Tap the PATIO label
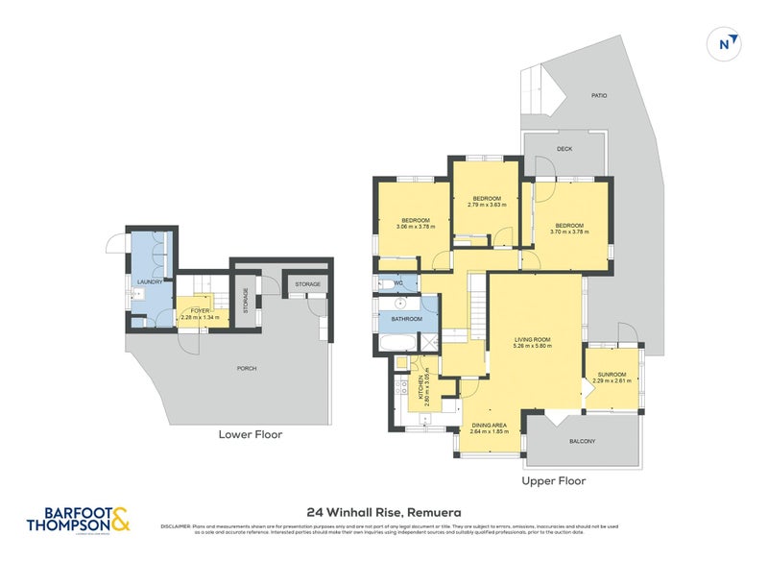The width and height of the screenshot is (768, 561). [x=598, y=96]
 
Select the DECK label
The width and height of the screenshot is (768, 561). [x=564, y=148]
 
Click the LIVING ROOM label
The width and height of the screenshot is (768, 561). [x=532, y=339]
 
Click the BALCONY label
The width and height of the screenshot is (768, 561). [x=582, y=441]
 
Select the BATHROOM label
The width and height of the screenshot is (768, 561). [x=407, y=318]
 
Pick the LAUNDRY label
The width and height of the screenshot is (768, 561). [x=150, y=281]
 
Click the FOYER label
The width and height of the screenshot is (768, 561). [x=199, y=310]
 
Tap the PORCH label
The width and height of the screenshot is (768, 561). [x=247, y=368]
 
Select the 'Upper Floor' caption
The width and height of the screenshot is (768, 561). [x=553, y=480]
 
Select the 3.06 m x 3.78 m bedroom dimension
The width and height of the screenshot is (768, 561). [x=413, y=227]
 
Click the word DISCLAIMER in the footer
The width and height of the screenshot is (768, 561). [x=176, y=526]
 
